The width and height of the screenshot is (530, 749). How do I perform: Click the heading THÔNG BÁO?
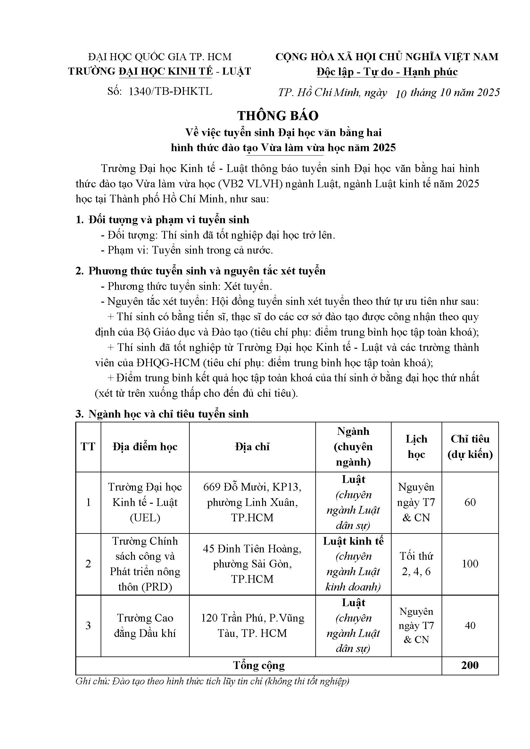(x=278, y=116)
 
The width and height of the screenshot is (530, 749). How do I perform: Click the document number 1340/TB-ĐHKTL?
(x=170, y=91)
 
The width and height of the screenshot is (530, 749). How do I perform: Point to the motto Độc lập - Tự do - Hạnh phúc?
(x=387, y=72)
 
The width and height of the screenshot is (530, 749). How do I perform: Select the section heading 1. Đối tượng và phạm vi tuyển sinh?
(x=162, y=220)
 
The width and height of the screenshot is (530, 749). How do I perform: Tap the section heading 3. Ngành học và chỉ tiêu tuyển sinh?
(x=162, y=414)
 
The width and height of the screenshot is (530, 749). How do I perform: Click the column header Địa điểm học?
(x=145, y=447)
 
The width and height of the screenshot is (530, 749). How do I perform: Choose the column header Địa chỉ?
(x=252, y=447)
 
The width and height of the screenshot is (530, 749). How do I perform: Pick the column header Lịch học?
(x=416, y=447)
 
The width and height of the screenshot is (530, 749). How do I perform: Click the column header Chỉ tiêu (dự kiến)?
(x=470, y=447)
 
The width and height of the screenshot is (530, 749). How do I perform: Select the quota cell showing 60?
(x=470, y=502)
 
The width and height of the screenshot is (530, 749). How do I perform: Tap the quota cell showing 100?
(x=470, y=564)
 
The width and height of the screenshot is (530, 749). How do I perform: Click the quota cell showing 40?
(x=470, y=625)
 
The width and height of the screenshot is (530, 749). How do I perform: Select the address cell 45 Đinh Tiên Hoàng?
(x=252, y=564)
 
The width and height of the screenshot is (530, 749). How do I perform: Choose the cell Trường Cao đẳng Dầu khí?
(x=145, y=625)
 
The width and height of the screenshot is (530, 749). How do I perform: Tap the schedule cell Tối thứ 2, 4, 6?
(x=416, y=564)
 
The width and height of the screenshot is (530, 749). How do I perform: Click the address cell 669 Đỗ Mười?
(x=252, y=502)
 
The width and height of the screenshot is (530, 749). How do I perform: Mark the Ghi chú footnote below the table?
(x=212, y=681)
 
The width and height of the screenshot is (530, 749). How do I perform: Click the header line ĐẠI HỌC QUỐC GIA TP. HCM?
(x=160, y=57)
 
